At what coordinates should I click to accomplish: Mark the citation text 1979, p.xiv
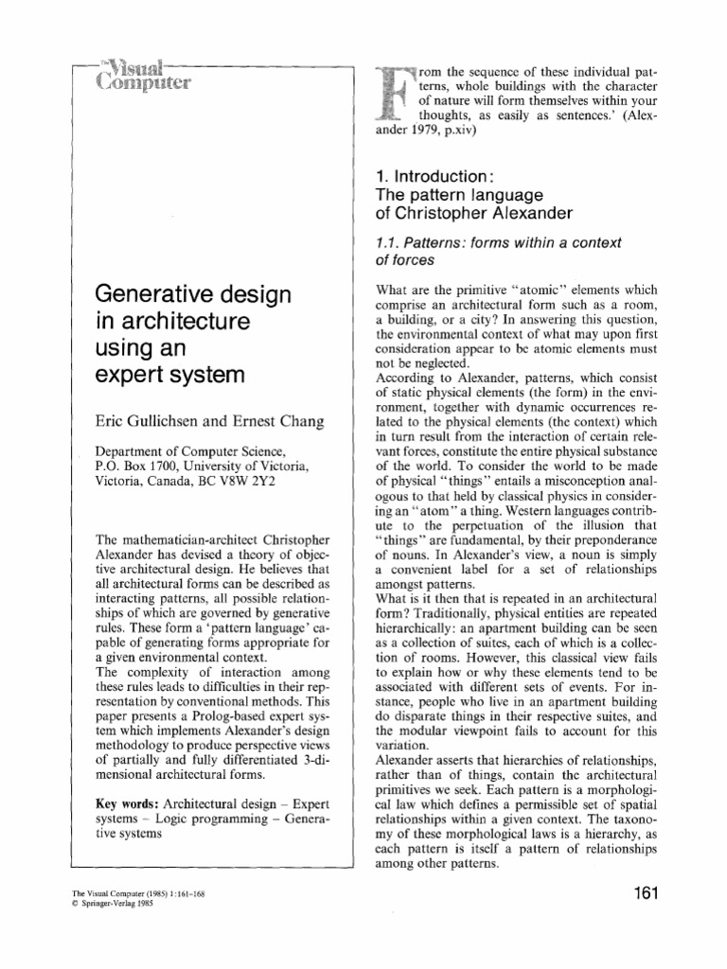pyautogui.click(x=438, y=132)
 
